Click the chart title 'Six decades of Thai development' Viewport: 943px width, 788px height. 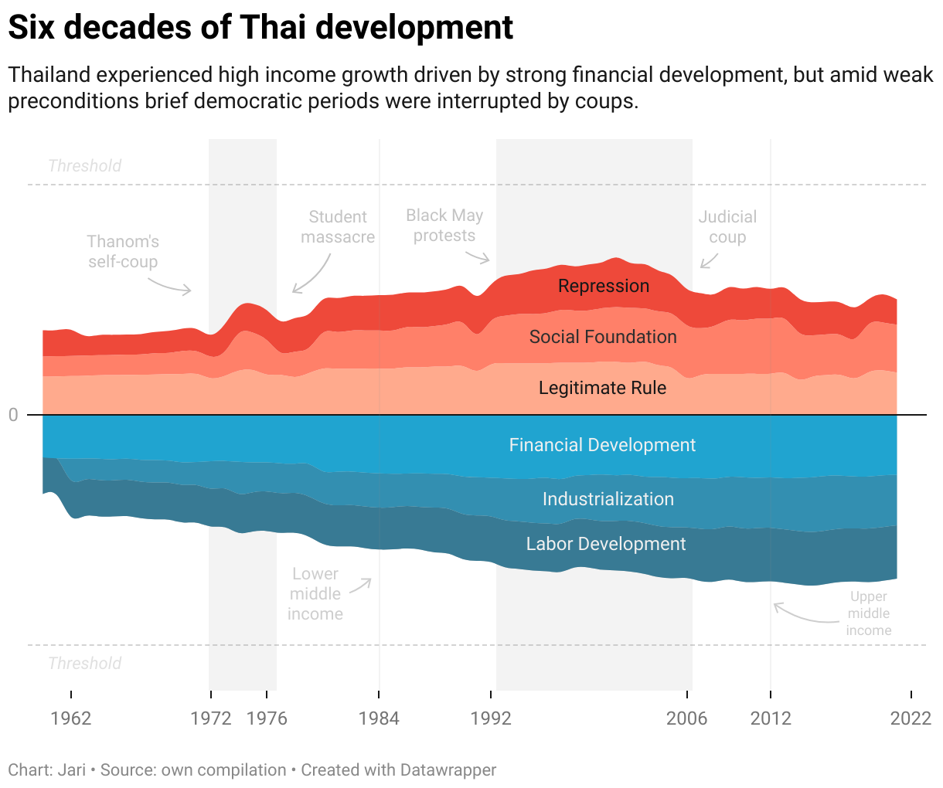pyautogui.click(x=260, y=28)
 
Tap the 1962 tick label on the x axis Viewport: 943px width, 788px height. pyautogui.click(x=71, y=718)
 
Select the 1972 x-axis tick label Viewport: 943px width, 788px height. pyautogui.click(x=211, y=718)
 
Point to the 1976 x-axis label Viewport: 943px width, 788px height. pyautogui.click(x=267, y=718)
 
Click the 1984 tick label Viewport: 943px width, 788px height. pyautogui.click(x=379, y=718)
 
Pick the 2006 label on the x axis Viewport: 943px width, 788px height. pyautogui.click(x=686, y=718)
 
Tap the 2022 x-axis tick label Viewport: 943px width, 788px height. pyautogui.click(x=911, y=718)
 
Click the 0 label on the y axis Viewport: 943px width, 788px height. pyautogui.click(x=13, y=416)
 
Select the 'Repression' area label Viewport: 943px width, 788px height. pyautogui.click(x=604, y=286)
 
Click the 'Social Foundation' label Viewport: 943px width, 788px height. pyautogui.click(x=603, y=337)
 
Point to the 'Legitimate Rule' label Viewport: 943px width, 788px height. pyautogui.click(x=602, y=388)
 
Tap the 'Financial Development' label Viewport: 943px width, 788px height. pyautogui.click(x=602, y=445)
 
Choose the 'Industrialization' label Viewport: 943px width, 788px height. pyautogui.click(x=608, y=499)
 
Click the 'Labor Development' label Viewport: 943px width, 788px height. pyautogui.click(x=606, y=544)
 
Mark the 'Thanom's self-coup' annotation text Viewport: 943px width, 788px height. pyautogui.click(x=123, y=252)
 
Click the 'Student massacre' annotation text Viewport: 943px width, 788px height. pyautogui.click(x=338, y=227)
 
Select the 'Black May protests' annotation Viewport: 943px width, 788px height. pyautogui.click(x=444, y=226)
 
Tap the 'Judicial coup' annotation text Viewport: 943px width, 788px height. pyautogui.click(x=727, y=227)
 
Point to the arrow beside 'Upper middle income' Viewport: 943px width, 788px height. pyautogui.click(x=804, y=615)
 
